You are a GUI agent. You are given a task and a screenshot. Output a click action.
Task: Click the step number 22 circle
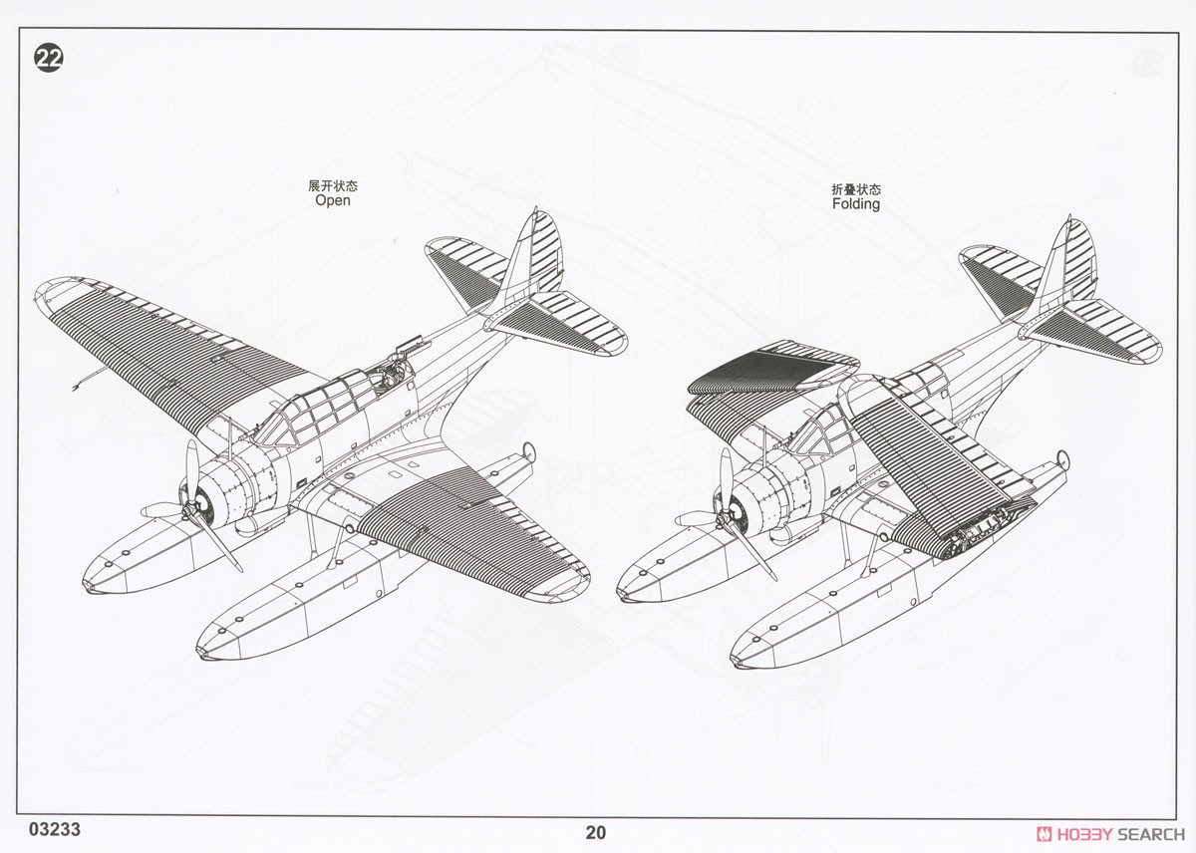click(x=49, y=58)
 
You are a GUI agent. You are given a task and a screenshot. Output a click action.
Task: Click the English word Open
click(x=333, y=200)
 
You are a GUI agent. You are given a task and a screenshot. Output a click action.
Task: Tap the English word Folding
click(x=856, y=204)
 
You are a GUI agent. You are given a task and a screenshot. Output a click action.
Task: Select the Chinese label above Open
click(x=333, y=185)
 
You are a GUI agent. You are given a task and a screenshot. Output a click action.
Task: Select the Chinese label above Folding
click(x=856, y=189)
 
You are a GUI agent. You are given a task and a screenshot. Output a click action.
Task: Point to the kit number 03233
click(x=55, y=829)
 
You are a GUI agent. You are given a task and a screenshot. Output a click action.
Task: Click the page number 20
click(x=596, y=832)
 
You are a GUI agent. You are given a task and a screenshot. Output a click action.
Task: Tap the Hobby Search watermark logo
click(x=1110, y=834)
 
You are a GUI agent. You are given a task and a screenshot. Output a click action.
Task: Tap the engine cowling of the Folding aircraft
click(x=767, y=495)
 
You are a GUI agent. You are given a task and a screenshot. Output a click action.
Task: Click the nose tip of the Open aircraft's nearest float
click(x=201, y=653)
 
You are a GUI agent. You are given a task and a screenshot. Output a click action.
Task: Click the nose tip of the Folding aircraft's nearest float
click(x=736, y=662)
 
